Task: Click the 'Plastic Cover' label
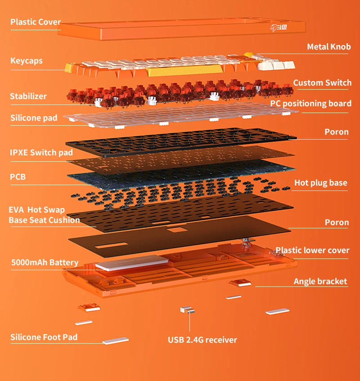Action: click(x=36, y=22)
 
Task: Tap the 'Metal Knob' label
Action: click(x=328, y=47)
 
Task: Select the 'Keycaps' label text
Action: click(x=27, y=60)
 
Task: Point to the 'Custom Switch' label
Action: click(x=322, y=83)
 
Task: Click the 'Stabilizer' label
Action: click(x=28, y=96)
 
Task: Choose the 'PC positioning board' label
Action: click(x=310, y=104)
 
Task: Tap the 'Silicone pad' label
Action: click(x=34, y=118)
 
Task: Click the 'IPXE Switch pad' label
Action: click(x=41, y=153)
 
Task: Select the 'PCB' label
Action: click(x=18, y=177)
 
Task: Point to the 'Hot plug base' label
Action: click(x=321, y=183)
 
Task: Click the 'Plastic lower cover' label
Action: click(x=312, y=250)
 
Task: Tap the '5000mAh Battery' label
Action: click(x=45, y=263)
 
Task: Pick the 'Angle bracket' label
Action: click(x=320, y=281)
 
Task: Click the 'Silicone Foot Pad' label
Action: click(x=44, y=337)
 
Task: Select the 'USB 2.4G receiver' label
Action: click(x=202, y=340)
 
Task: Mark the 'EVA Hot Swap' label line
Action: click(x=37, y=210)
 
